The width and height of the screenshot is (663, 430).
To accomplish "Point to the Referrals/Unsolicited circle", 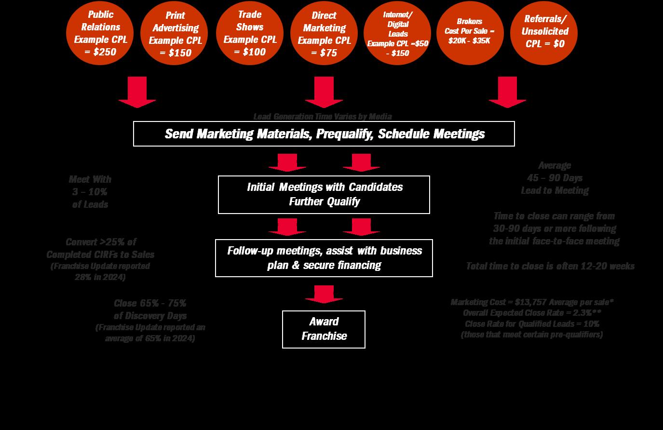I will (x=545, y=32).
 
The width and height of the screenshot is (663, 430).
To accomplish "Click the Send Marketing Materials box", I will (x=324, y=134).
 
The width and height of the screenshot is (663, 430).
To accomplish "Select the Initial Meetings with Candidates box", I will (x=324, y=194).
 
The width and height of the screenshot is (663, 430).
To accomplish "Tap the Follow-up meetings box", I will (x=324, y=258).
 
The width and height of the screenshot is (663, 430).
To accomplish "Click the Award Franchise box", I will (x=324, y=329).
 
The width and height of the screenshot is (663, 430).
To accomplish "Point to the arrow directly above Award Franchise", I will (x=324, y=294).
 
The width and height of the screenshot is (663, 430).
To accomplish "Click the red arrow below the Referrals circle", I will (x=507, y=92).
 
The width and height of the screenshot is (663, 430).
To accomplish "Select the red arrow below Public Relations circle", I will (x=137, y=92).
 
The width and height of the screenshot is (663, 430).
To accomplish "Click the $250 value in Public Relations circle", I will (x=104, y=52).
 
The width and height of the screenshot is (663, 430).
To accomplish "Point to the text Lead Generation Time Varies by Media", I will (x=323, y=117).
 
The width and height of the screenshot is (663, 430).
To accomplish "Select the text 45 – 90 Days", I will (x=555, y=178).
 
